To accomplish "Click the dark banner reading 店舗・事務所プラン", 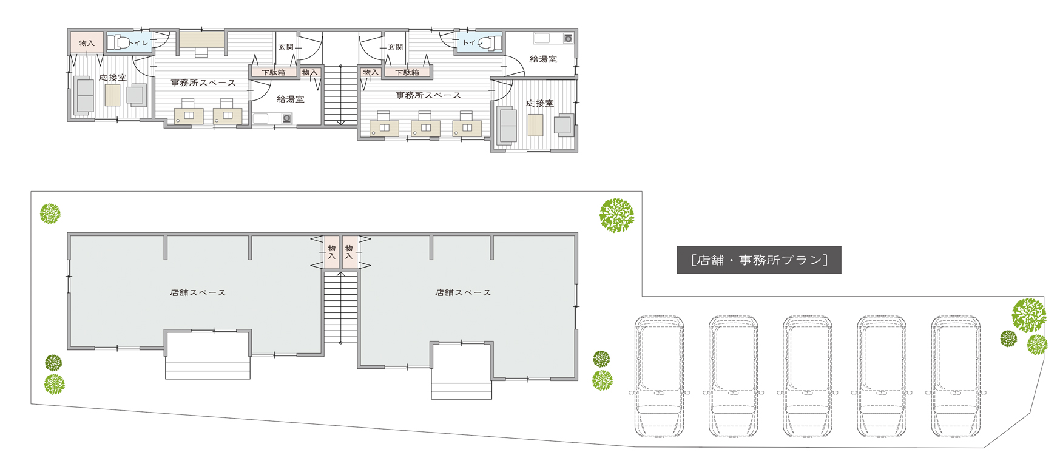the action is pos(758,260).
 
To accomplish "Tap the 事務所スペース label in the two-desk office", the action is pos(203,83).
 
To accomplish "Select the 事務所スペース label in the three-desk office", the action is pos(428,95).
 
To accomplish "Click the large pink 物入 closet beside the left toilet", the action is pos(87,43).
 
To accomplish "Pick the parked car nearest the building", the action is pos(659,376).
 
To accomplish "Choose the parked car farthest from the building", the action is pos(956,376).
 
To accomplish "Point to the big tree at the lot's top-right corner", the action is pos(616,215).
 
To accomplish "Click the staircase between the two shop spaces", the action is pos(340,308).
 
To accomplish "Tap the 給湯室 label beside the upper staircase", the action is pos(291,99).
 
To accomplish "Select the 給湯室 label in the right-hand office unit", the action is pos(543,59).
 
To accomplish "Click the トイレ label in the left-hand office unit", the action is pos(138,43).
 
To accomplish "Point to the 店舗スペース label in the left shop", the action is pos(198,292).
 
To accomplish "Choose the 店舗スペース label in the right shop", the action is pos(463,292).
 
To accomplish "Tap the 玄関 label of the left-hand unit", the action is pos(286,47).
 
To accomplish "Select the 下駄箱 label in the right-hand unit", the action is pos(407,72).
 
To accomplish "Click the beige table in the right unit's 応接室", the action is pos(535,125).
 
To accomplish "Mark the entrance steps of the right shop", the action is pos(462,391).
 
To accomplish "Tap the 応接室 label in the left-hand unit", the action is pos(113,78).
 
